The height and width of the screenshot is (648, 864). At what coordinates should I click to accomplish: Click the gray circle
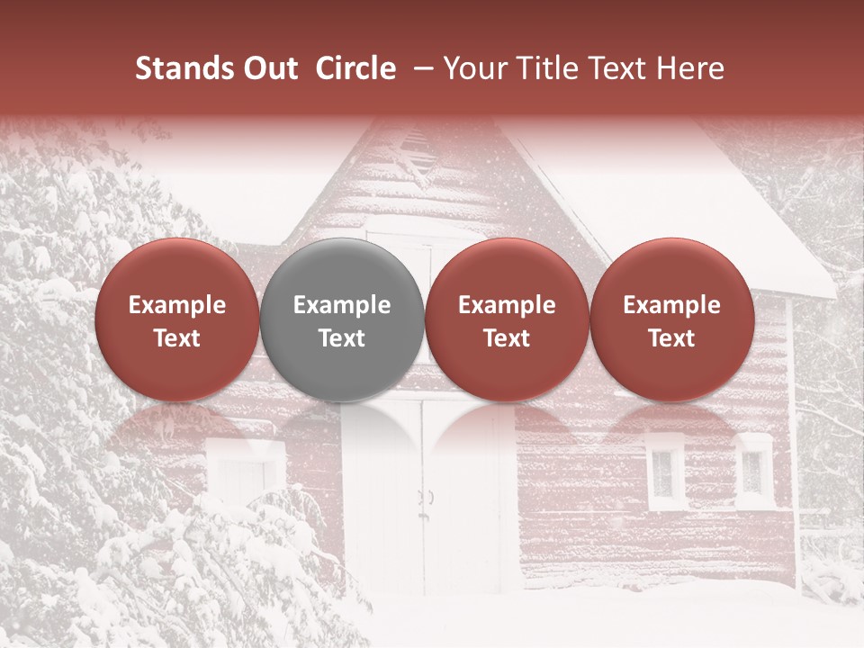point(342,319)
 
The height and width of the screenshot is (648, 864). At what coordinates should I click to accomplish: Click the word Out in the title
point(267,68)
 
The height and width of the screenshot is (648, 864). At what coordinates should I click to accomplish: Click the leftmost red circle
point(177,319)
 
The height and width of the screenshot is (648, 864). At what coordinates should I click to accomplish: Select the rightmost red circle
point(671,319)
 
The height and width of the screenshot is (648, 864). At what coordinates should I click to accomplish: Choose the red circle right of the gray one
point(507,319)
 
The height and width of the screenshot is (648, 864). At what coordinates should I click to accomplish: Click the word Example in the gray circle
point(342,305)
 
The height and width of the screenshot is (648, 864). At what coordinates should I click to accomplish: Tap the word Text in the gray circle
point(342,338)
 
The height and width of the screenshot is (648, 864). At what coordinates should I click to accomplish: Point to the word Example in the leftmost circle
point(177,305)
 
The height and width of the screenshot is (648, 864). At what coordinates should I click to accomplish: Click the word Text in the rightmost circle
point(671,338)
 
